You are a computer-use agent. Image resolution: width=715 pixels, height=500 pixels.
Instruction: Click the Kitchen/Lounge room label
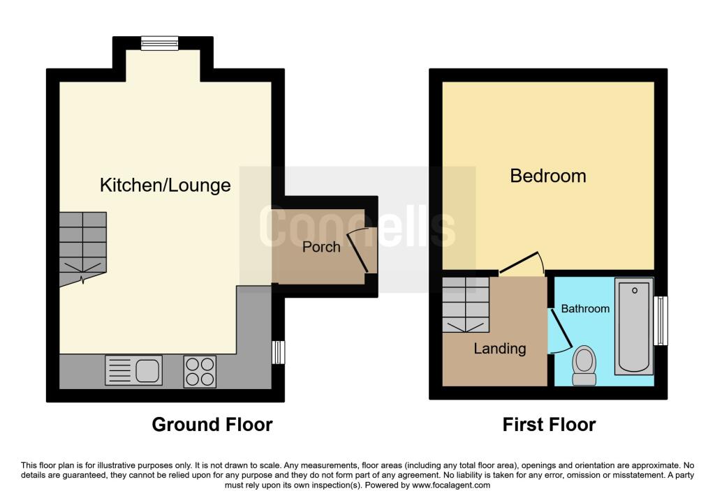click(165, 185)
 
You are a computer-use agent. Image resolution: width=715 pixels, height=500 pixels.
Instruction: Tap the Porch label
click(321, 247)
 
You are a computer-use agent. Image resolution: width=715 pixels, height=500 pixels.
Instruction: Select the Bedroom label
click(548, 175)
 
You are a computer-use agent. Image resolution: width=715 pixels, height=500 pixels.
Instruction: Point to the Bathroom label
click(585, 308)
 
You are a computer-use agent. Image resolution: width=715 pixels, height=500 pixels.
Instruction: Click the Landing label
click(499, 349)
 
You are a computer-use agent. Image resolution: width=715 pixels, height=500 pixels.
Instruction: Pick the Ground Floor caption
click(212, 424)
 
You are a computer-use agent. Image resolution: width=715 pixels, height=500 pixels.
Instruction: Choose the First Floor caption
click(549, 424)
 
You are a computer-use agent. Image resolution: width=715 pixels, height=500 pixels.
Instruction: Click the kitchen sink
click(133, 370)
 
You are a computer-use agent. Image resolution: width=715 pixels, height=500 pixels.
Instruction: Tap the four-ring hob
click(200, 371)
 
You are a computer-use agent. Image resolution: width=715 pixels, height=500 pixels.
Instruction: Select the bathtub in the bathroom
click(633, 326)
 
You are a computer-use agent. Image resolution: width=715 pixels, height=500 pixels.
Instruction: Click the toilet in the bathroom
click(583, 366)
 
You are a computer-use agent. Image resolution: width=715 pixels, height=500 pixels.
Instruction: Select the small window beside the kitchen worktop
click(278, 352)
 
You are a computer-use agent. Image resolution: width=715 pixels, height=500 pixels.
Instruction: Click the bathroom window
click(661, 321)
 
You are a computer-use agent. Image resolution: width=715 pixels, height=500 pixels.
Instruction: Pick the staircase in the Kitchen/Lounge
click(82, 248)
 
